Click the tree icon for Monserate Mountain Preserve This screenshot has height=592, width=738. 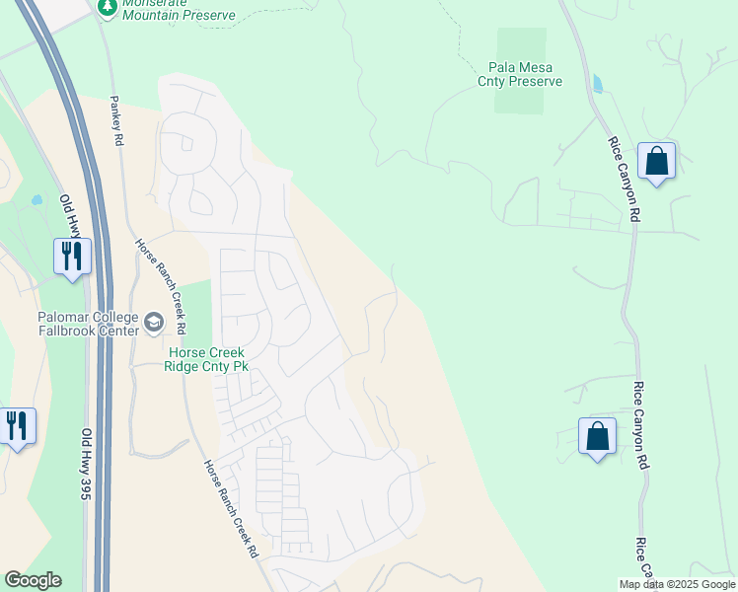point(108,7)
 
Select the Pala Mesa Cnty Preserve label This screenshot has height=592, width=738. point(519,74)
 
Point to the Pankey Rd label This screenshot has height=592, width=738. point(116,121)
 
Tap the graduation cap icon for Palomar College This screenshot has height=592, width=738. point(153,322)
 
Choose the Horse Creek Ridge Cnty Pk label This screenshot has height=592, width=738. point(207,359)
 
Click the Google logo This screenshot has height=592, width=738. point(33,580)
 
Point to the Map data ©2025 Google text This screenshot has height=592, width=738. point(678,584)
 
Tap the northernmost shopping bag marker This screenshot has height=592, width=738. point(656,161)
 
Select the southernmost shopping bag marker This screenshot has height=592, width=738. point(597,436)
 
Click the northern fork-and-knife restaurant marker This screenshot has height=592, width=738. point(72,257)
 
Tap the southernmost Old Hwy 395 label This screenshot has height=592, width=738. point(86,464)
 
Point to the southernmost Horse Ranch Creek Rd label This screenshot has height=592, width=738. point(232,509)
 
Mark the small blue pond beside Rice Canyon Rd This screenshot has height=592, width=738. point(597,83)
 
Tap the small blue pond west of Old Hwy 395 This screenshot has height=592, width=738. point(37,198)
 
